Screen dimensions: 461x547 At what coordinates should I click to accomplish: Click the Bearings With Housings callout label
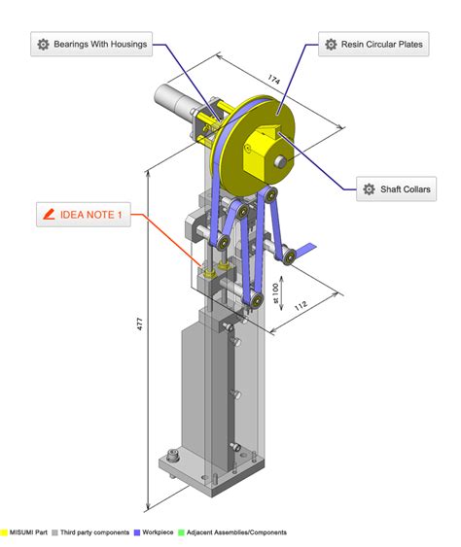[x=91, y=44]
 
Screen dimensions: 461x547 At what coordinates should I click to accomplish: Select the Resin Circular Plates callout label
[x=373, y=44]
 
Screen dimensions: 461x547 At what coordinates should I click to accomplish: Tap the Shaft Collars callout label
[x=396, y=188]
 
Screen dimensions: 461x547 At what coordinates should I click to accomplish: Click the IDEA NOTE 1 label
[x=84, y=214]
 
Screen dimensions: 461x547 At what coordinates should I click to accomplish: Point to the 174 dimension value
[x=274, y=80]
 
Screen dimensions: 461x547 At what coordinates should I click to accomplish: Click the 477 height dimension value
[x=139, y=324]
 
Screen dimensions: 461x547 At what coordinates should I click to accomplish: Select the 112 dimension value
[x=301, y=306]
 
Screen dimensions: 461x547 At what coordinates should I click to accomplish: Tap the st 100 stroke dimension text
[x=275, y=293]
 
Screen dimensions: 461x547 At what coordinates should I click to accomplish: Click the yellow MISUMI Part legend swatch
[x=4, y=532]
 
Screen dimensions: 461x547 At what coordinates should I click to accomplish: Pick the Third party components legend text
[x=94, y=532]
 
